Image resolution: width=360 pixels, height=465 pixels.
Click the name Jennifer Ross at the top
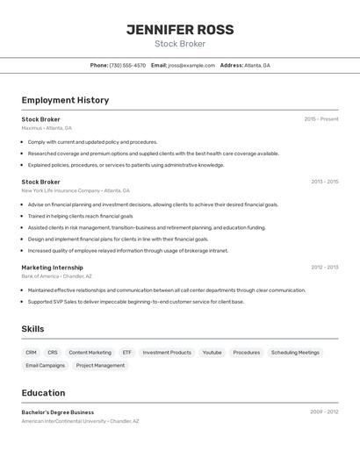pyautogui.click(x=180, y=30)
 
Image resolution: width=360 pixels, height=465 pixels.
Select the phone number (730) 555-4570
pyautogui.click(x=127, y=65)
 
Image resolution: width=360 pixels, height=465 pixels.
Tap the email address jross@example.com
pyautogui.click(x=191, y=65)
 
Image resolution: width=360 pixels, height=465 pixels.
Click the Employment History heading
pyautogui.click(x=65, y=100)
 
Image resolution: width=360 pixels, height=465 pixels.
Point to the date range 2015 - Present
pyautogui.click(x=321, y=119)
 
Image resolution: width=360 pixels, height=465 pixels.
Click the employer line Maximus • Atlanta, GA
pyautogui.click(x=47, y=128)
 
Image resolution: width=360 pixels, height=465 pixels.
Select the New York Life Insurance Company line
pyautogui.click(x=76, y=190)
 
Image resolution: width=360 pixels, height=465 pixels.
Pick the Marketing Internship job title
pyautogui.click(x=53, y=268)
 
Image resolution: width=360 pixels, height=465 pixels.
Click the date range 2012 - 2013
pyautogui.click(x=324, y=268)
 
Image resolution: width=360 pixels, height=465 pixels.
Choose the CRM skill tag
pyautogui.click(x=32, y=353)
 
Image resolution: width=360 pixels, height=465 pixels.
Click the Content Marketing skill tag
pyautogui.click(x=90, y=353)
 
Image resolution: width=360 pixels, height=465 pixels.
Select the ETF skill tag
pyautogui.click(x=127, y=353)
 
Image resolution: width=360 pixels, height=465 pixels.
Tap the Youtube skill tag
pyautogui.click(x=212, y=353)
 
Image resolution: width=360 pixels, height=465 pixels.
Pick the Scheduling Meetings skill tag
pyautogui.click(x=295, y=353)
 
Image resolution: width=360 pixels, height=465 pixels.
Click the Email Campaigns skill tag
pyautogui.click(x=46, y=366)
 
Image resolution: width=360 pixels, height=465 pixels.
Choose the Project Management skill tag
pyautogui.click(x=100, y=366)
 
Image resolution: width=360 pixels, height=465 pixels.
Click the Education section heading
pyautogui.click(x=43, y=393)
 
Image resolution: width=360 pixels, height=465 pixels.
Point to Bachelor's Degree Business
pyautogui.click(x=58, y=412)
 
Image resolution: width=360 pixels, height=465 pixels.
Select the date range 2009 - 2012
pyautogui.click(x=324, y=411)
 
